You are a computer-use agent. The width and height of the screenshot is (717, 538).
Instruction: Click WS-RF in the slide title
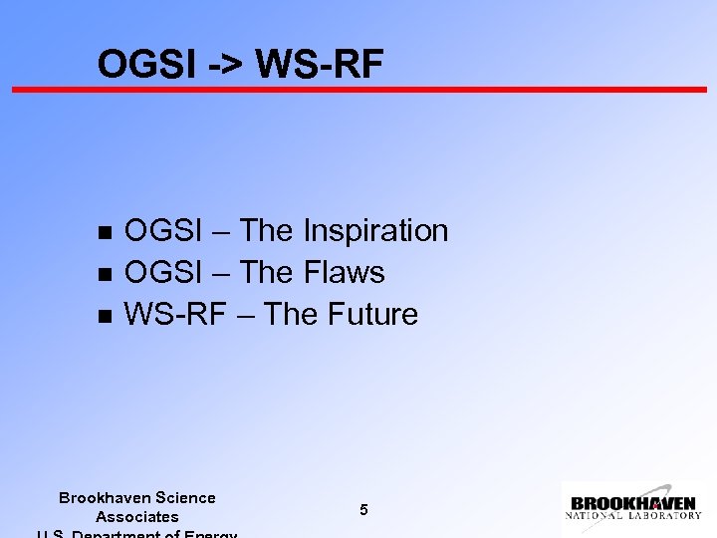pyautogui.click(x=319, y=64)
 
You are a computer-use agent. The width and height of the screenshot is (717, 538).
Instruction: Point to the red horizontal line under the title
pyautogui.click(x=358, y=90)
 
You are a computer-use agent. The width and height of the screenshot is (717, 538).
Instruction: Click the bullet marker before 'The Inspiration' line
pyautogui.click(x=103, y=232)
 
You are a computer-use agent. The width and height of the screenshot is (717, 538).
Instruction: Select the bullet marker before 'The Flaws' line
pyautogui.click(x=103, y=274)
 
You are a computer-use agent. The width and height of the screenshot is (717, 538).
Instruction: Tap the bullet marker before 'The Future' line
pyautogui.click(x=103, y=316)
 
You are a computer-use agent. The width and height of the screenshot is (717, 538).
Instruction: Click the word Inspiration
pyautogui.click(x=375, y=231)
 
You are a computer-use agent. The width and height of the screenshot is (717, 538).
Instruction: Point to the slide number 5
pyautogui.click(x=363, y=510)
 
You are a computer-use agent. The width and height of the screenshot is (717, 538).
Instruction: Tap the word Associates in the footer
pyautogui.click(x=136, y=517)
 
